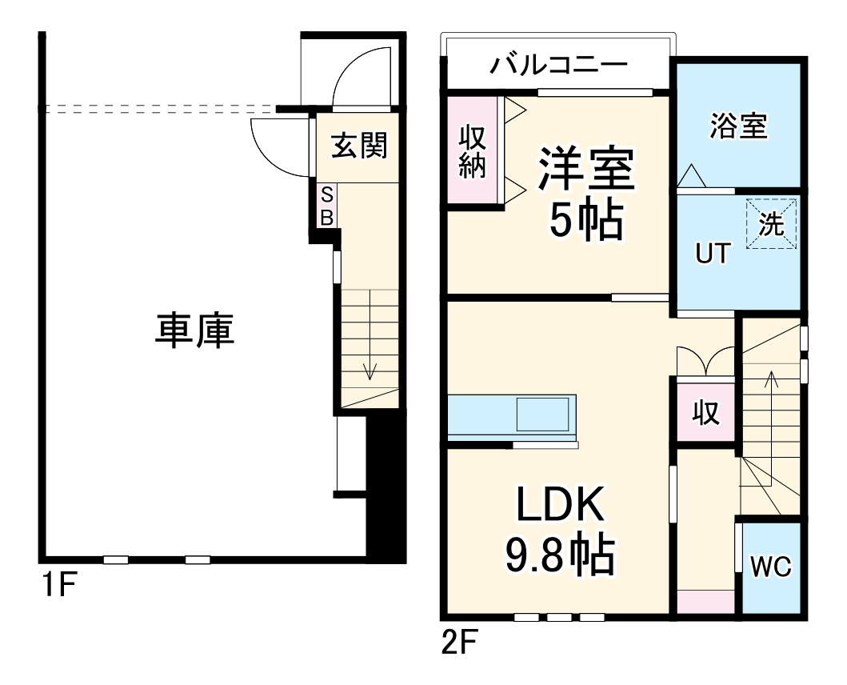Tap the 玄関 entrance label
[359, 146]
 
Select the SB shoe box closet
[326, 206]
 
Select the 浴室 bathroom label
[738, 126]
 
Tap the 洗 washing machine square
[772, 225]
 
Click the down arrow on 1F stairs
[369, 370]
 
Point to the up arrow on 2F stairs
[771, 378]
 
